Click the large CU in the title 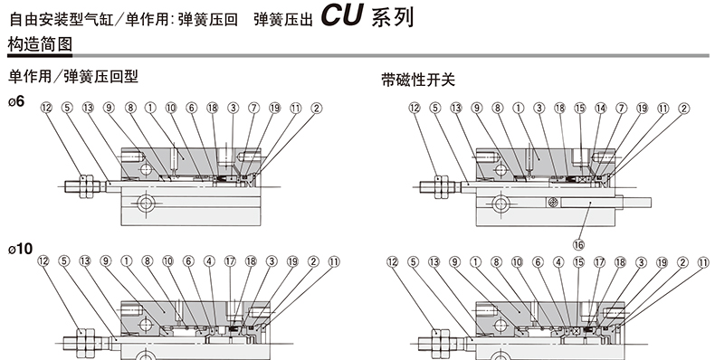coord(342,14)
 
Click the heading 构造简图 coord(40,44)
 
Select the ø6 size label coord(16,101)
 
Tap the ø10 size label coord(21,249)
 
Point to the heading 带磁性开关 coord(418,80)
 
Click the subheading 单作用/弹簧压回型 coord(73,76)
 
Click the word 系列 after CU coord(392,18)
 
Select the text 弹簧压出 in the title coord(283,20)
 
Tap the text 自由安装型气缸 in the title coord(62,20)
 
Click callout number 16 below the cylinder coord(578,245)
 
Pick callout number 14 coord(601,108)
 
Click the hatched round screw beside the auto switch coord(553,203)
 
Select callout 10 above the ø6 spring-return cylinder coord(170,108)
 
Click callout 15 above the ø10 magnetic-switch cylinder coord(578,262)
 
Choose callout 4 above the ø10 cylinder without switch coord(209,261)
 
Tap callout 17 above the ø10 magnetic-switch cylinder coord(599,262)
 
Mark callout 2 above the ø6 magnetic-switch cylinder coord(683,108)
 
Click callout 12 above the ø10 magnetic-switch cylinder coord(392,262)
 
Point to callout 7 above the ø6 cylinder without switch coord(253,108)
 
